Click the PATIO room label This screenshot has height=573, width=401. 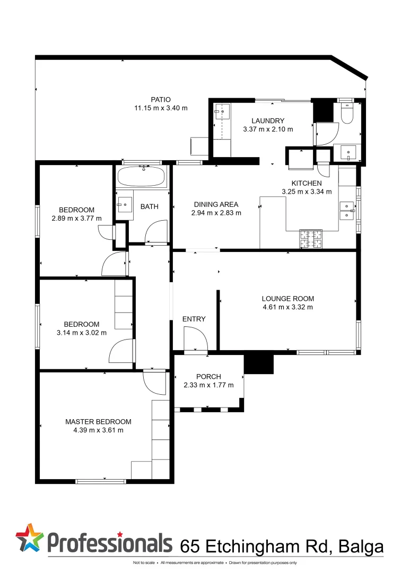click(x=161, y=99)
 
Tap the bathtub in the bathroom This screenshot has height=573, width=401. click(x=142, y=177)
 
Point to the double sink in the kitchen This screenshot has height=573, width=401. click(x=347, y=210)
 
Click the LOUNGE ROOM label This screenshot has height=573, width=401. click(x=287, y=298)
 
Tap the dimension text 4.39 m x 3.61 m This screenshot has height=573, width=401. click(x=98, y=430)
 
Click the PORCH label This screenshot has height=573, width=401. click(x=208, y=377)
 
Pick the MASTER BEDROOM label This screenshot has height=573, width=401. click(x=98, y=422)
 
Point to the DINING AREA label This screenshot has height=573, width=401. click(x=216, y=204)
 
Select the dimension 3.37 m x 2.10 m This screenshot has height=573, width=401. click(x=268, y=129)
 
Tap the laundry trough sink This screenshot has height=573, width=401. click(x=222, y=112)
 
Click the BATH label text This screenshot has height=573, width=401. click(x=149, y=206)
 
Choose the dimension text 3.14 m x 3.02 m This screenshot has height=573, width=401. click(x=82, y=333)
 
